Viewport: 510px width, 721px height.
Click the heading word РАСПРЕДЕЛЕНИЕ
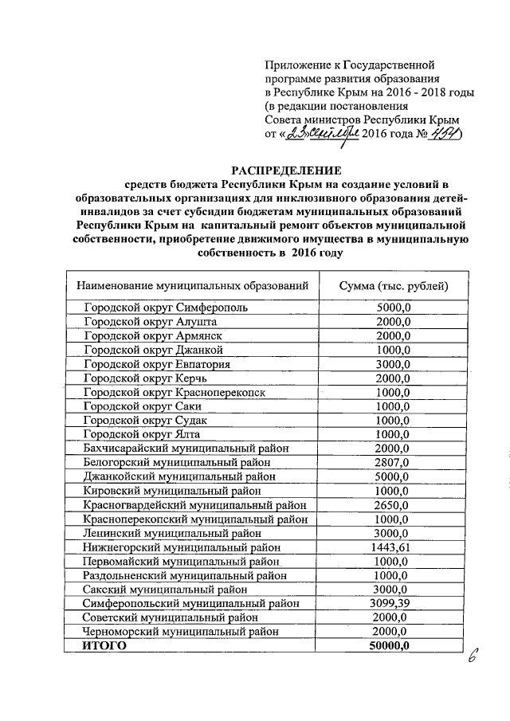click(x=286, y=170)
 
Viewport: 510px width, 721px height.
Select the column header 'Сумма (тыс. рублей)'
click(x=393, y=285)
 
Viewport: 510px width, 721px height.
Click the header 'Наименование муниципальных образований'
click(x=192, y=285)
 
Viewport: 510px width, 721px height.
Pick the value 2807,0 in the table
click(x=393, y=462)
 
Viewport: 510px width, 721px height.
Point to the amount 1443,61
click(x=393, y=547)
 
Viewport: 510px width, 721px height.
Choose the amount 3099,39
click(x=393, y=604)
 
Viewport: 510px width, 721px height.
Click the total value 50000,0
click(x=389, y=646)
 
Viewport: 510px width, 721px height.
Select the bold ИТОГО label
click(x=105, y=646)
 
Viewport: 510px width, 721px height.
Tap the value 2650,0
click(x=393, y=505)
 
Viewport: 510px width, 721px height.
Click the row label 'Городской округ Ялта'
click(x=141, y=434)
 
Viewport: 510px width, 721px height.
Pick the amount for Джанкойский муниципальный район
click(x=393, y=476)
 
